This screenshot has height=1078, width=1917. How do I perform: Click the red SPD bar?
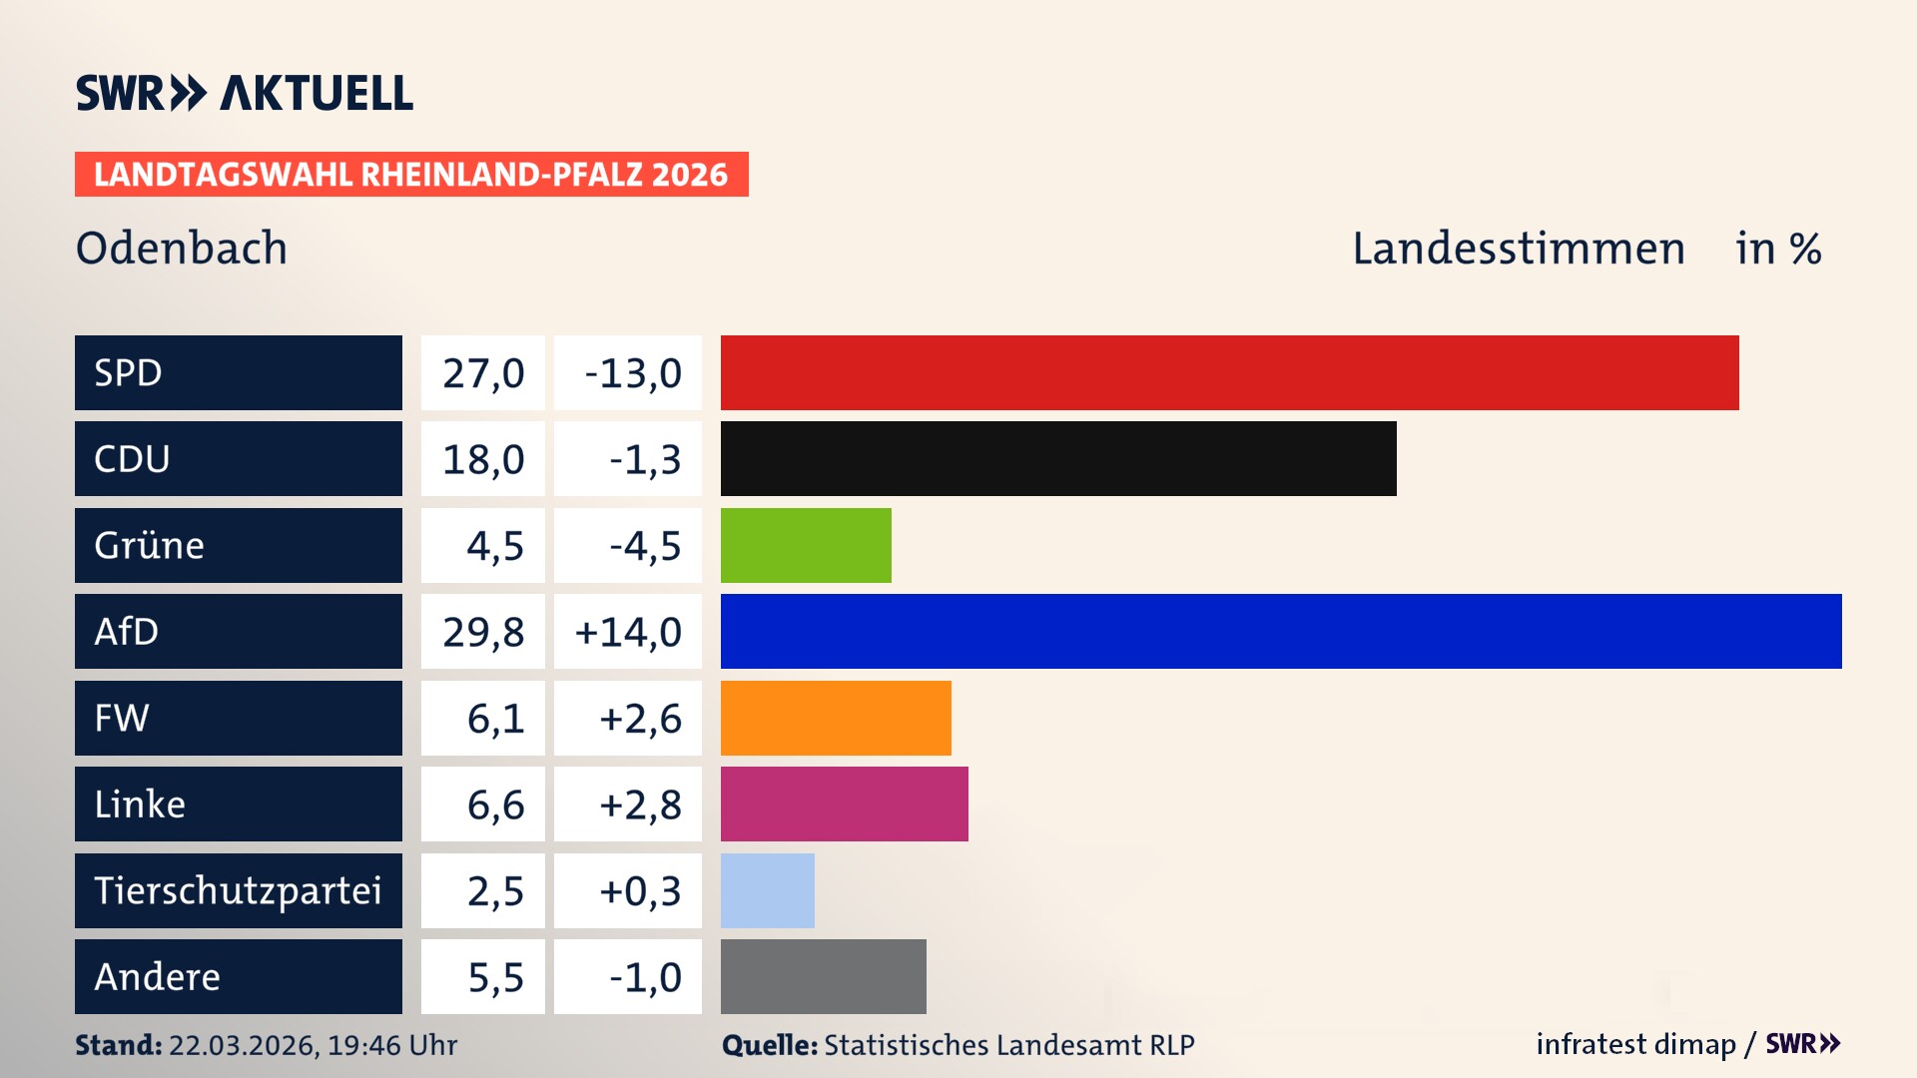pyautogui.click(x=1229, y=372)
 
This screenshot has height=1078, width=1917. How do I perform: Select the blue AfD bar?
pyautogui.click(x=1281, y=631)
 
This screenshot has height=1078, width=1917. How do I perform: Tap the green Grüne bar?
pyautogui.click(x=806, y=545)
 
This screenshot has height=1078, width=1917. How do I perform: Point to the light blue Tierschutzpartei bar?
pyautogui.click(x=767, y=890)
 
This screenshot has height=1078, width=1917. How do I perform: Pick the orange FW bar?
pyautogui.click(x=836, y=718)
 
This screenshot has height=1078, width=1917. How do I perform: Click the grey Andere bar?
pyautogui.click(x=823, y=976)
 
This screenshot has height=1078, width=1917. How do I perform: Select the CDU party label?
pyautogui.click(x=238, y=459)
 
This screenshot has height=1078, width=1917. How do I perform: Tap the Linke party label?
pyautogui.click(x=238, y=804)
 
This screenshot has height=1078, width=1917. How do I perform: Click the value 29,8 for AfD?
pyautogui.click(x=483, y=632)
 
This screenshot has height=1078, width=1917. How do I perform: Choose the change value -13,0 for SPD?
pyautogui.click(x=632, y=373)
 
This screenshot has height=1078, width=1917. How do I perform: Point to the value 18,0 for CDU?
pyautogui.click(x=483, y=459)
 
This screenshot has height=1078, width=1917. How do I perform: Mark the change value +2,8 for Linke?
pyautogui.click(x=639, y=805)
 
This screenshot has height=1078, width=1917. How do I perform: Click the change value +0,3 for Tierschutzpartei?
pyautogui.click(x=639, y=890)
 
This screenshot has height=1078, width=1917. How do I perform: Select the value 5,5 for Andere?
pyautogui.click(x=495, y=977)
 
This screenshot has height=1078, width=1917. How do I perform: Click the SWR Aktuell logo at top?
pyautogui.click(x=245, y=93)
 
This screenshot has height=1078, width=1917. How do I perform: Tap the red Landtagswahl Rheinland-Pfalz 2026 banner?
pyautogui.click(x=411, y=175)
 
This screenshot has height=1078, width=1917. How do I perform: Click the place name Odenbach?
pyautogui.click(x=182, y=248)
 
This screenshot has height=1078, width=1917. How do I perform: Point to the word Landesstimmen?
pyautogui.click(x=1518, y=249)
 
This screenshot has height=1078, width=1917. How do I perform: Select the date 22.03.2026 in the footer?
pyautogui.click(x=243, y=1045)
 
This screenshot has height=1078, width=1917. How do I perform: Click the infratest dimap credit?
pyautogui.click(x=1635, y=1044)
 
